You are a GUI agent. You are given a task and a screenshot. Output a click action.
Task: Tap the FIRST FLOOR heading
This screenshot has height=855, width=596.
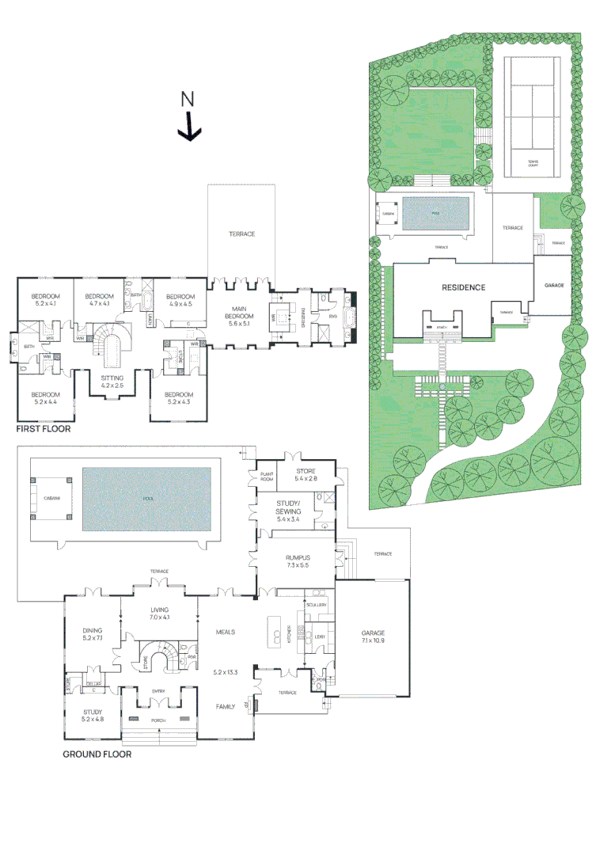[x=44, y=429]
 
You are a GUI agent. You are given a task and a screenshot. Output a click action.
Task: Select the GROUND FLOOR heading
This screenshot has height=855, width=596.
[x=97, y=754]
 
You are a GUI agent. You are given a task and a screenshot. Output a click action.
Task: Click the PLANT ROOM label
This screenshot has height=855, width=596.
[x=268, y=477]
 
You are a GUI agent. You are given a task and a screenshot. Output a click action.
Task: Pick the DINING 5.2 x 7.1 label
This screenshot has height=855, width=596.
[x=93, y=633]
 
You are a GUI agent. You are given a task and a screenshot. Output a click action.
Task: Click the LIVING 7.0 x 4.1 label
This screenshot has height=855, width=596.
[x=161, y=614]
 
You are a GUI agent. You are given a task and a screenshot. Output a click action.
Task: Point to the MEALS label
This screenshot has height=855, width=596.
[x=226, y=632]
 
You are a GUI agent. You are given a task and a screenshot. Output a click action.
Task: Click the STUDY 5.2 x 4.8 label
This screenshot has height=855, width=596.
[x=93, y=716]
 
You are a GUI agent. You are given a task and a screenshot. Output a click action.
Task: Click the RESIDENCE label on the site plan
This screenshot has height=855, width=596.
[x=463, y=287]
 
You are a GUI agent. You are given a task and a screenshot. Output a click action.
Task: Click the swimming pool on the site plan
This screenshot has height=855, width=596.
[x=435, y=213]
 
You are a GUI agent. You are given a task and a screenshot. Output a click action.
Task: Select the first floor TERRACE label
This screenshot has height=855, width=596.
[x=241, y=234]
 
